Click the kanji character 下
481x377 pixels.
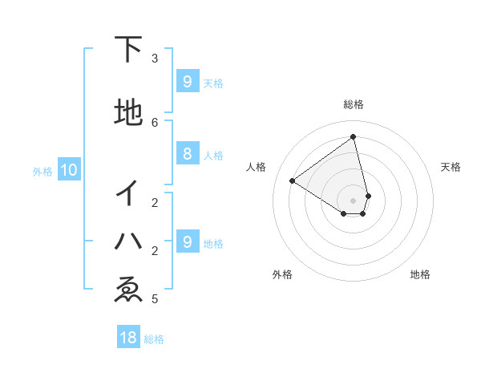(x=128, y=50)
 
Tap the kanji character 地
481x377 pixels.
(x=128, y=113)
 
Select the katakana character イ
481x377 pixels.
(x=128, y=193)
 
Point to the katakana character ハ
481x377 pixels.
(x=128, y=240)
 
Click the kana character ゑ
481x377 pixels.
(x=128, y=290)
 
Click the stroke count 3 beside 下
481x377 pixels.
(x=155, y=59)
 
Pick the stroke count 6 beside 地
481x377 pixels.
(x=155, y=122)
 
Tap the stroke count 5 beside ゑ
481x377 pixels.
(x=155, y=299)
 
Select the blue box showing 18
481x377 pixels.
(x=128, y=338)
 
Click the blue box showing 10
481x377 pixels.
(x=68, y=170)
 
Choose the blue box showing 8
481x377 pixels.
(x=187, y=155)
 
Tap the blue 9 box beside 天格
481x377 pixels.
(x=187, y=82)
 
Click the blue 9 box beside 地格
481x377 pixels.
(x=187, y=242)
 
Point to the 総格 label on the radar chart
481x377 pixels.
(x=354, y=104)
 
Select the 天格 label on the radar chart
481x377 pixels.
(x=451, y=167)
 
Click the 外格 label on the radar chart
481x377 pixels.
(x=282, y=274)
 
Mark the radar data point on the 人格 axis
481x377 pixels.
(x=293, y=181)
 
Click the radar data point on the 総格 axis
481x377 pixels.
(x=354, y=137)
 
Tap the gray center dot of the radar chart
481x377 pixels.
(x=354, y=200)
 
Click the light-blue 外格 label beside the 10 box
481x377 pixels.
(x=42, y=171)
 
